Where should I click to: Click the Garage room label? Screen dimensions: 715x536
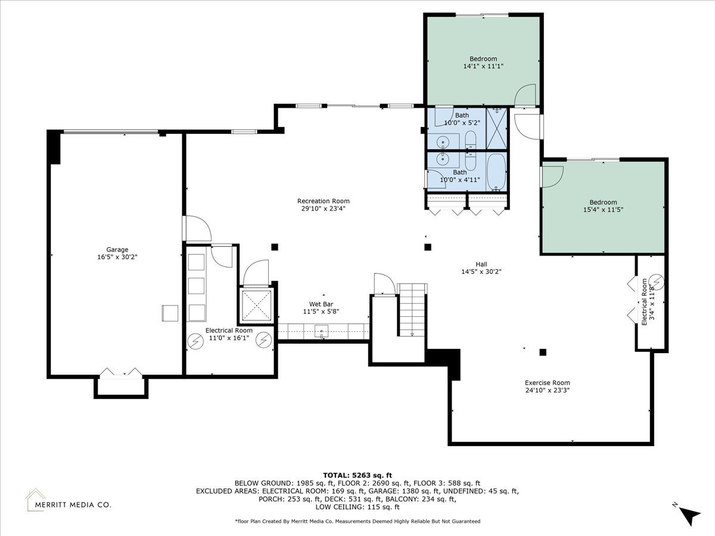tap(117, 250)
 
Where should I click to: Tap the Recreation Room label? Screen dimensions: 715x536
tap(323, 201)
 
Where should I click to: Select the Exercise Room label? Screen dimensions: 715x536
tap(547, 383)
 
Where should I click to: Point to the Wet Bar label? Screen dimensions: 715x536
tap(321, 304)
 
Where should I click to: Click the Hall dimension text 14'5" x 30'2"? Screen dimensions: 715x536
tap(481, 272)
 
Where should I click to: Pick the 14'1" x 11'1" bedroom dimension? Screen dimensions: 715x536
tap(483, 66)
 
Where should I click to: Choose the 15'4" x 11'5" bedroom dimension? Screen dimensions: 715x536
tap(603, 210)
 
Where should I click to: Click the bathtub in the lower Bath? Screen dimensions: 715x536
tap(496, 173)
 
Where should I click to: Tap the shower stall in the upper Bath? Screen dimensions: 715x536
tap(497, 128)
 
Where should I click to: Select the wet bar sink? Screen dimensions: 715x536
tap(322, 332)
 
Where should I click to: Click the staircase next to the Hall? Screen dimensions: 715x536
tap(412, 310)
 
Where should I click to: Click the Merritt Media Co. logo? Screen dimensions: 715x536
tap(69, 500)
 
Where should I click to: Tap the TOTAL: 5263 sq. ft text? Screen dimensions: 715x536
tap(357, 475)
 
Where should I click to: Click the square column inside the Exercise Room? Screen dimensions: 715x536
tap(543, 352)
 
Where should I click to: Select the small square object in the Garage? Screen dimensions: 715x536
tap(170, 313)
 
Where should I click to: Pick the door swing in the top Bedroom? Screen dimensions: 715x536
tap(525, 95)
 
